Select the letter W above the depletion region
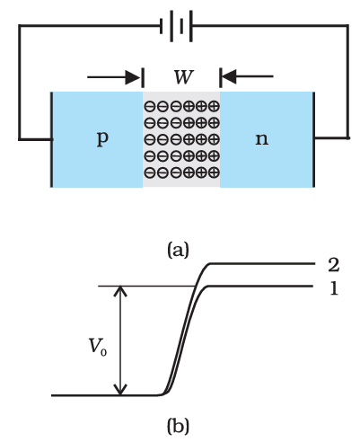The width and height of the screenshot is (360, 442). (182, 76)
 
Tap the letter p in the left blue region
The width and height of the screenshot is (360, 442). (101, 140)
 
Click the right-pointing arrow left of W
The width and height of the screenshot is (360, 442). (115, 75)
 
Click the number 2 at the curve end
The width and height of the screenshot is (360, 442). (333, 266)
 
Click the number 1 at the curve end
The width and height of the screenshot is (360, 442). (333, 287)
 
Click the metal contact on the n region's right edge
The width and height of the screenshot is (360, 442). (312, 138)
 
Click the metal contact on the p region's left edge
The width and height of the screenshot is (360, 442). (51, 138)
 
